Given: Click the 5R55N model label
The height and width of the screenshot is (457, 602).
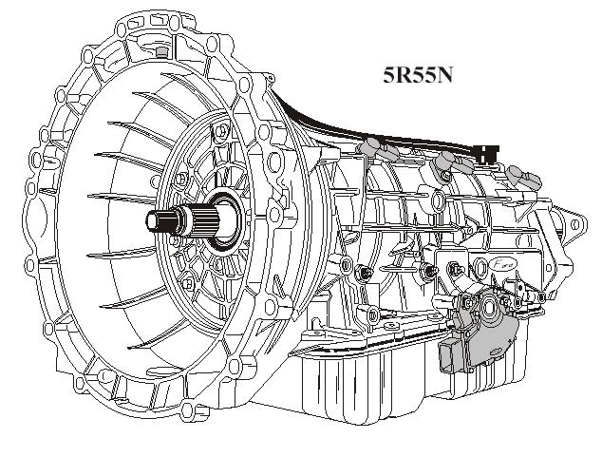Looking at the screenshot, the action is [x=418, y=75].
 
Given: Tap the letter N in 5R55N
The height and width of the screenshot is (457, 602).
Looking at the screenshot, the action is [x=444, y=75].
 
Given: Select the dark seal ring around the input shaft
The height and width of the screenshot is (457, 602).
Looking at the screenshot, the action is [x=227, y=219].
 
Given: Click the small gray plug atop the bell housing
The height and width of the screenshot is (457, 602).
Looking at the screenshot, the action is [x=162, y=52].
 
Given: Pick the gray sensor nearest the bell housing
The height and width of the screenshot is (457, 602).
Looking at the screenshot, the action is [x=377, y=148].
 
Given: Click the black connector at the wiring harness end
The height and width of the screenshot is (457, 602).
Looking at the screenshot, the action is [x=487, y=153].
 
